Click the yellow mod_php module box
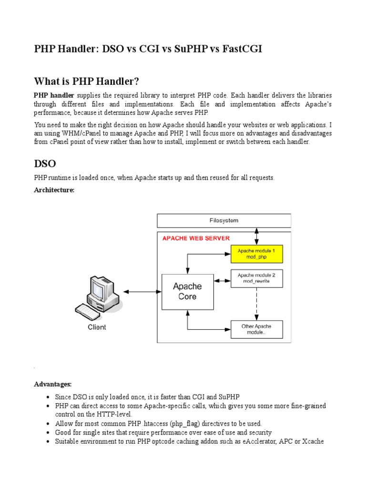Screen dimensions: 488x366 [x=257, y=254]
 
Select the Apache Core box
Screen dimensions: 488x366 [x=187, y=291]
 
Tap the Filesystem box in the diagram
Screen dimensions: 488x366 [x=224, y=221]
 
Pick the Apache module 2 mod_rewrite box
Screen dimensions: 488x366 [x=257, y=278]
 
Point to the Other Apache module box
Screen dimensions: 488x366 [x=257, y=329]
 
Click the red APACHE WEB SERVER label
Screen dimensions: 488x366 [x=196, y=238]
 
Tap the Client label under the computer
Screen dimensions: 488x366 [x=97, y=327]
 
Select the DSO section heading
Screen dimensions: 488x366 [x=45, y=163]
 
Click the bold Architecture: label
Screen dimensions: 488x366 [x=54, y=190]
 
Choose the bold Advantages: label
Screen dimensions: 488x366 [x=52, y=384]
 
